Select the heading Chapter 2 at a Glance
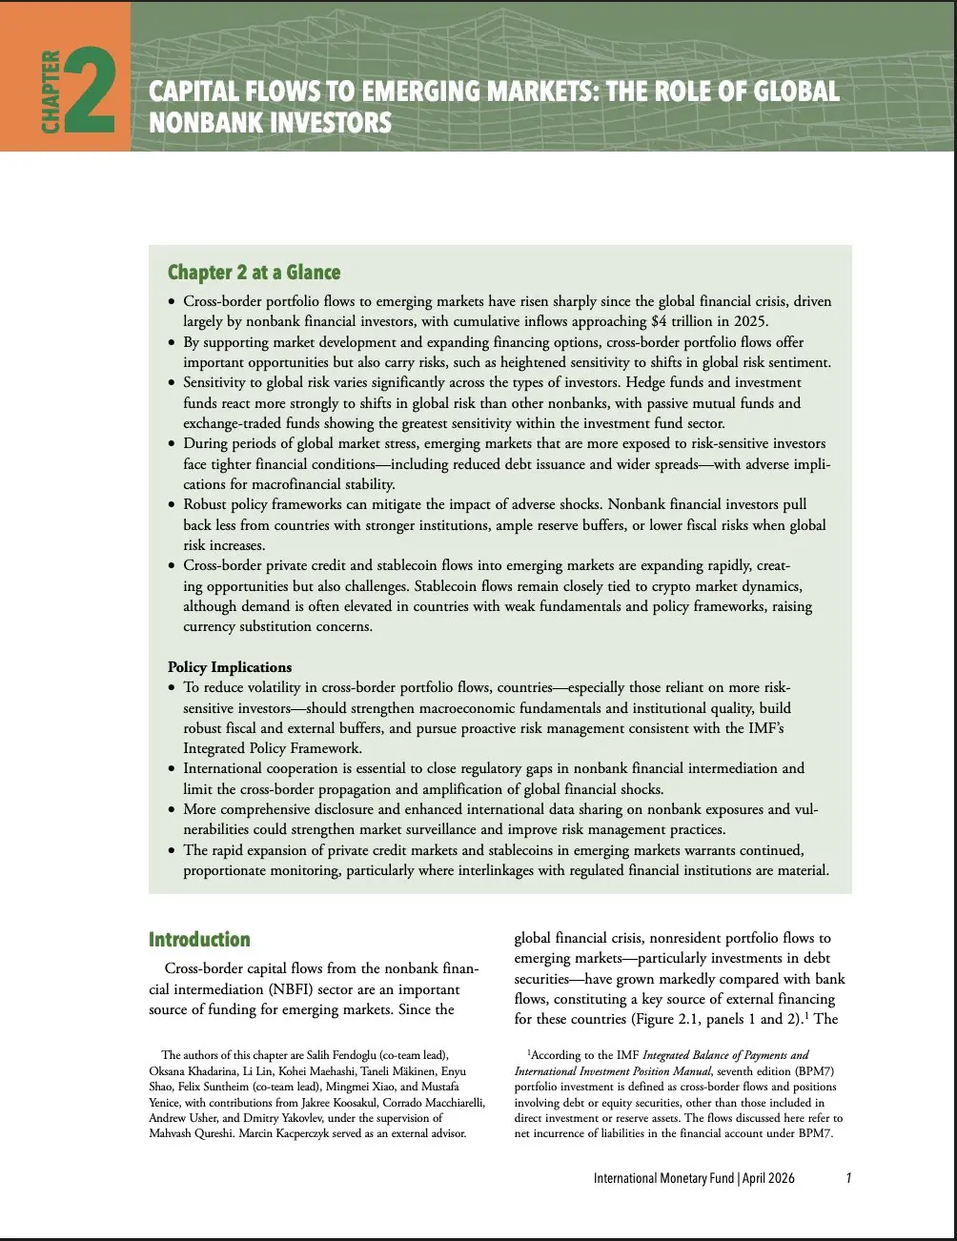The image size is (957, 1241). pyautogui.click(x=254, y=273)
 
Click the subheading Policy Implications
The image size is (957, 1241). pyautogui.click(x=230, y=667)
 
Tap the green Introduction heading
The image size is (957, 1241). pyautogui.click(x=199, y=940)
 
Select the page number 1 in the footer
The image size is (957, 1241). pyautogui.click(x=848, y=1178)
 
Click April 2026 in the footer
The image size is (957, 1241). pyautogui.click(x=768, y=1178)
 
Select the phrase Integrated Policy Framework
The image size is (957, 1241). pyautogui.click(x=273, y=748)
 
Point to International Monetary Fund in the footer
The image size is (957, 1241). pyautogui.click(x=663, y=1178)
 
